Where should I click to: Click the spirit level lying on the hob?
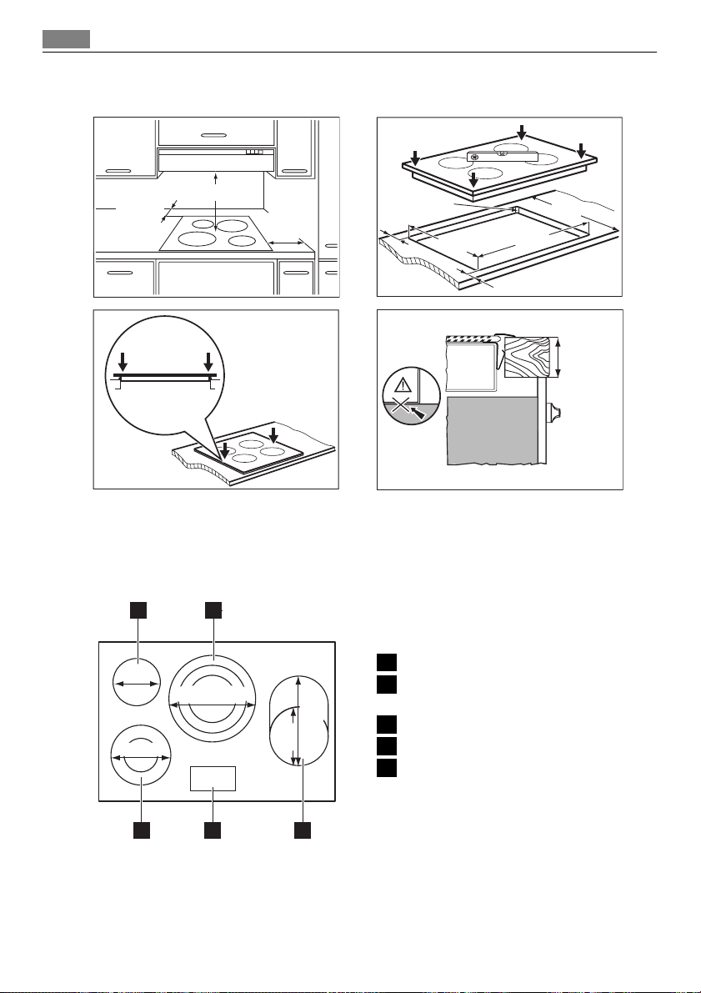tap(502, 156)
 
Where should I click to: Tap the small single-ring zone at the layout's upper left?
tap(137, 683)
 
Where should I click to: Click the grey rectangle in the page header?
tap(67, 39)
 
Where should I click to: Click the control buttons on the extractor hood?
tap(254, 152)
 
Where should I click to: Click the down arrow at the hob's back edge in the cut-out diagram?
tap(521, 132)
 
